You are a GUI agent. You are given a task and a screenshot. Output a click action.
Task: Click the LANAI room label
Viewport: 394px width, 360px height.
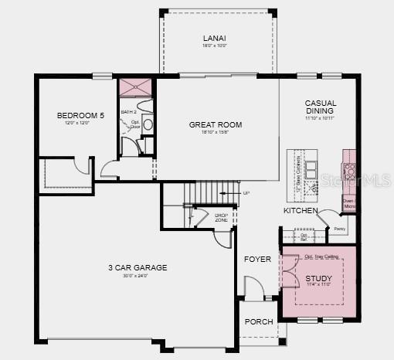(215, 38)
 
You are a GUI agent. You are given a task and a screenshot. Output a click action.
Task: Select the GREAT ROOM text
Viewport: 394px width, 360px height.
(216, 124)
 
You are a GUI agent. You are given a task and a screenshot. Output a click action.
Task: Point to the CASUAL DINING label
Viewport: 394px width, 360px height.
(320, 107)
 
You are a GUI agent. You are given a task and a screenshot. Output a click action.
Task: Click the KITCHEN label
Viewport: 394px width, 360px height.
(301, 210)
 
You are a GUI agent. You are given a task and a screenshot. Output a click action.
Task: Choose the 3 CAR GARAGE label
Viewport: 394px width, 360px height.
(138, 268)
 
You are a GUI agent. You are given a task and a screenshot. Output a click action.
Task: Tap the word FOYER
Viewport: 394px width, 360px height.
(258, 259)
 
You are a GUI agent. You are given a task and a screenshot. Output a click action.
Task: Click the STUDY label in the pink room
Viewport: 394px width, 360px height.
(318, 278)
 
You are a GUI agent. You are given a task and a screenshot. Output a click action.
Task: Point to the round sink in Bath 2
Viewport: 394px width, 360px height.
(148, 124)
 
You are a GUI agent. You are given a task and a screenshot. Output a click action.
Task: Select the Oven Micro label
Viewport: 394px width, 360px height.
(348, 203)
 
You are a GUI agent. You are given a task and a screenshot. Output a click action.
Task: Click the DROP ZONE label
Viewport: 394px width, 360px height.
(221, 217)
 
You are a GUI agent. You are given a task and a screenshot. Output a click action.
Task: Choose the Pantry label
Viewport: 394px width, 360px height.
(338, 229)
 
